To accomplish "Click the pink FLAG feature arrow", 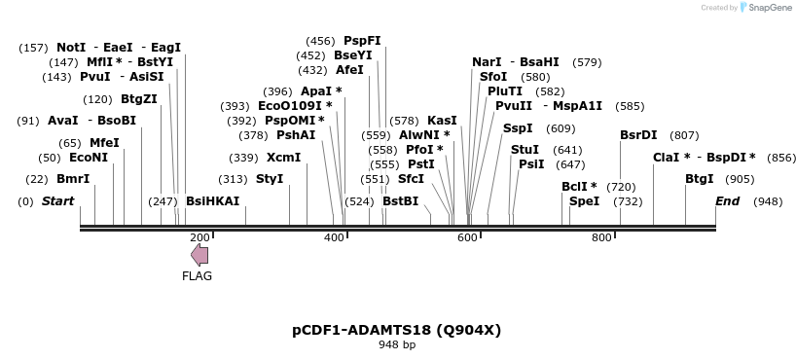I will pos(199,255).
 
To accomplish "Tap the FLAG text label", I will pos(197,275).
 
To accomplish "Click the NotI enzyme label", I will pos(71,48).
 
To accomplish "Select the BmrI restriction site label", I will pos(73,179).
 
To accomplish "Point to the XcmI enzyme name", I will pos(283,158).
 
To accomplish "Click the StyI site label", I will pos(270,179).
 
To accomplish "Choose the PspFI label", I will pos(362,41).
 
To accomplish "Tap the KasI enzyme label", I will pos(442,121).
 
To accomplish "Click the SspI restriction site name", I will pos(518,128).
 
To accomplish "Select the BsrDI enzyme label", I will pos(638,135).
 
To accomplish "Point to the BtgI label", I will pos(699,179).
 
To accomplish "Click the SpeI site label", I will pos(584,201).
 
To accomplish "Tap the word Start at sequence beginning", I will pos(57,201).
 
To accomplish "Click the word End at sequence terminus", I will pos(727,201).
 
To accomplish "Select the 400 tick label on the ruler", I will pos(333,237).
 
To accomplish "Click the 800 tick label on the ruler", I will pos(600,237).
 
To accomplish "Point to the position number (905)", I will pos(740,179).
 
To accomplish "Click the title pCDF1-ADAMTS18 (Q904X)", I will pos(396,330).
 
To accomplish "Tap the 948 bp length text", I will pos(396,344).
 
